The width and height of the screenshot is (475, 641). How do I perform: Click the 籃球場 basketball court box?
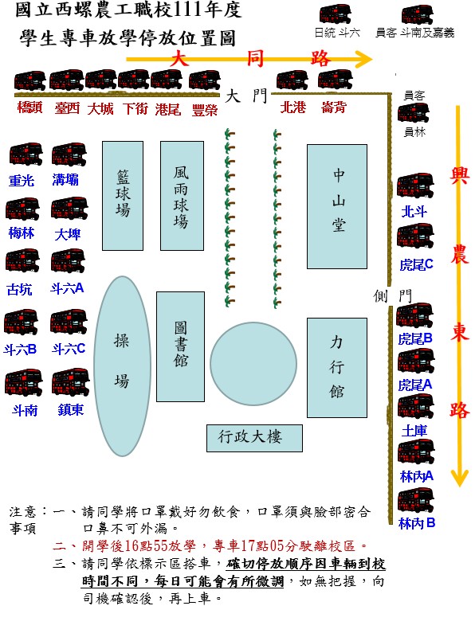(x=123, y=196)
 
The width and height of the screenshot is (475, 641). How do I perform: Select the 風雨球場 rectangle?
(x=182, y=196)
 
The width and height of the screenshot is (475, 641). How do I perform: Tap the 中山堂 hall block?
(x=337, y=206)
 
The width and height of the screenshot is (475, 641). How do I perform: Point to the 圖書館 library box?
(x=180, y=346)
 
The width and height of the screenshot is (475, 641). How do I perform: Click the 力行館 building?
(x=337, y=368)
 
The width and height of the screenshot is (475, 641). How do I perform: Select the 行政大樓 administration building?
(x=254, y=438)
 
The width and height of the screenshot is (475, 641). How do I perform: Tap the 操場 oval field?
(x=122, y=365)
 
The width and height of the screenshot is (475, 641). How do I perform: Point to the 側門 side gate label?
(x=392, y=295)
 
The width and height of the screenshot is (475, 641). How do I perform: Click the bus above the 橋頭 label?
(x=29, y=81)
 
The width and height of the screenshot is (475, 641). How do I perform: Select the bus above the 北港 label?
(x=292, y=80)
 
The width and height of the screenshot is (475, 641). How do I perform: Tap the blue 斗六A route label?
(x=67, y=288)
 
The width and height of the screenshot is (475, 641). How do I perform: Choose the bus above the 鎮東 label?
(x=70, y=382)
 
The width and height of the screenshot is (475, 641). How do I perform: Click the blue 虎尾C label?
(x=416, y=265)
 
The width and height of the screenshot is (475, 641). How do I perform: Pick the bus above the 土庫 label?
(x=416, y=407)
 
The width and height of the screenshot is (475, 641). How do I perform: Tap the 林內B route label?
(x=417, y=523)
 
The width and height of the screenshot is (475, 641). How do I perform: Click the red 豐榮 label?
(x=205, y=110)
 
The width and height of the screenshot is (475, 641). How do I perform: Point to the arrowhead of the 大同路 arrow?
(x=363, y=59)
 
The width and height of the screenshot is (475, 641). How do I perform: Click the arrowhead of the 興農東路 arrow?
(x=459, y=478)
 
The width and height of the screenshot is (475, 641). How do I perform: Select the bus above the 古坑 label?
(x=22, y=260)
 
